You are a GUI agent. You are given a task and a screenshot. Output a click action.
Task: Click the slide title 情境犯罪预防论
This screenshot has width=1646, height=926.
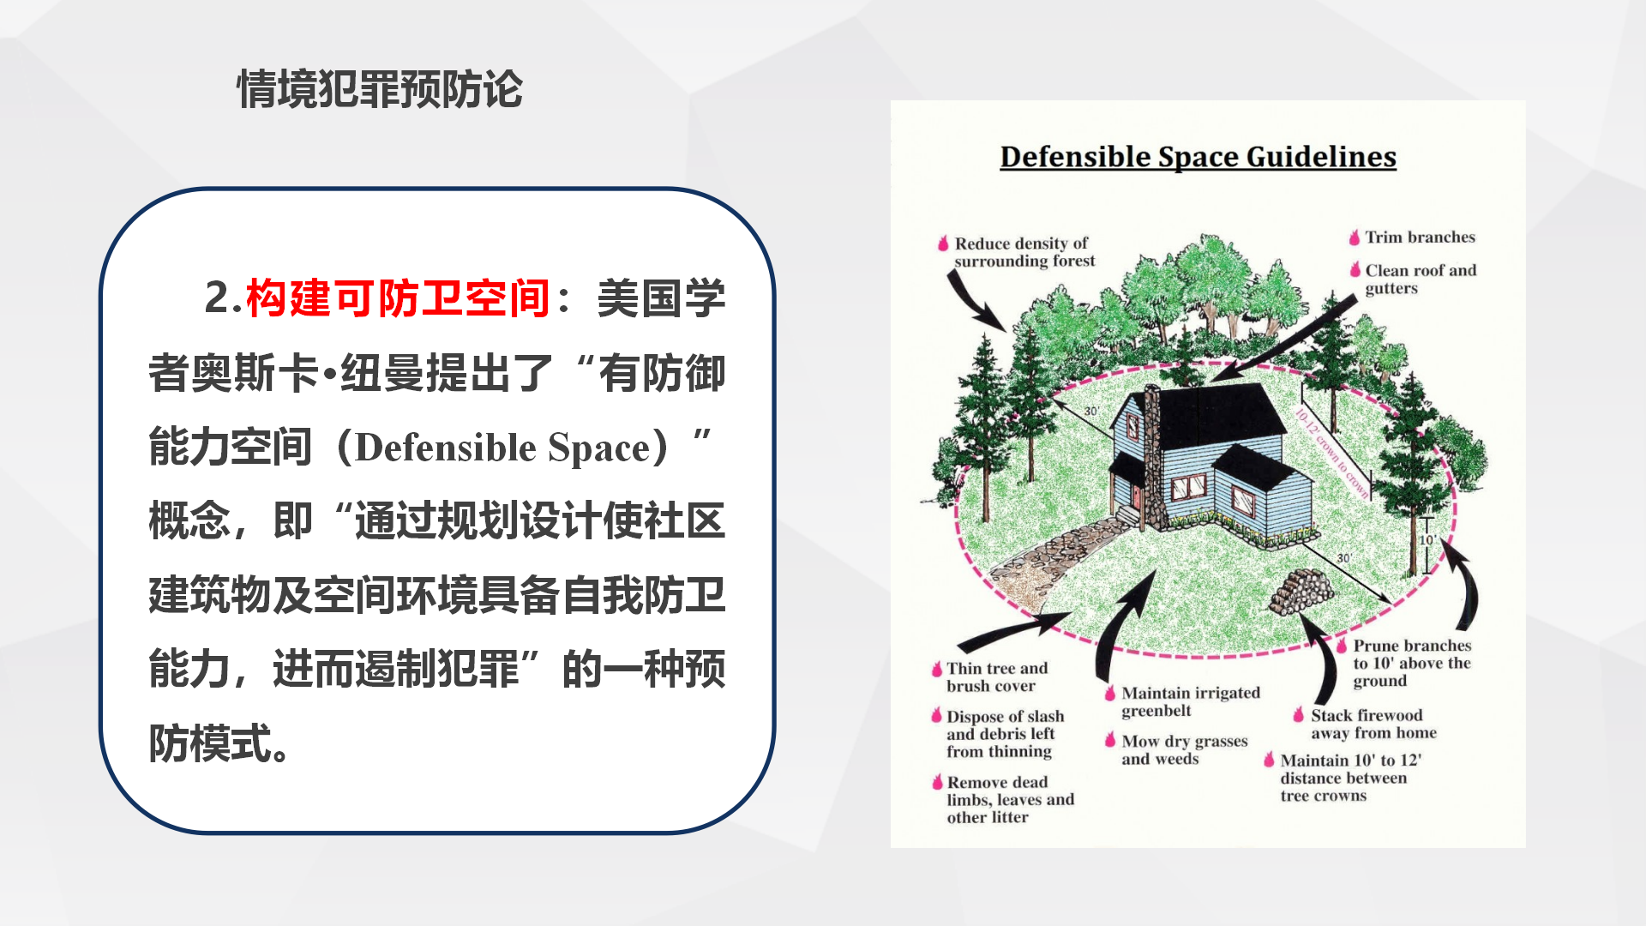(380, 90)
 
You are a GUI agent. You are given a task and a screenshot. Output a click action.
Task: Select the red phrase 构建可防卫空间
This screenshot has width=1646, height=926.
(398, 298)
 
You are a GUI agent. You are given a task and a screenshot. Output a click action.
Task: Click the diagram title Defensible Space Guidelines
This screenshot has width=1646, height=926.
(1198, 157)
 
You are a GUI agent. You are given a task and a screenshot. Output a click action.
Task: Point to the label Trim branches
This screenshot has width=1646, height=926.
(1420, 237)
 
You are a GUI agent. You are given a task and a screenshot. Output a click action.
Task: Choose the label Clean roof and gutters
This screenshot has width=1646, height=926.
(1421, 279)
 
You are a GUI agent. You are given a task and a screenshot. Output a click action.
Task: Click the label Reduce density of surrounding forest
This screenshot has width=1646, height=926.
(1024, 252)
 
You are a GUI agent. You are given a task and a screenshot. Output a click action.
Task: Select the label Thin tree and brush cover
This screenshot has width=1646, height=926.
(997, 676)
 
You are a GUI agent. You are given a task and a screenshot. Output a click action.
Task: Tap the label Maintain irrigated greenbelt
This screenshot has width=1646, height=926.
(1191, 701)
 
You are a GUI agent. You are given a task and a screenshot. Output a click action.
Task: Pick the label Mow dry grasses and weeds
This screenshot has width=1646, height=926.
(1185, 749)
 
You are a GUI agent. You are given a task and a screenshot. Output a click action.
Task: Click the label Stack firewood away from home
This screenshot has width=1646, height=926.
(1373, 724)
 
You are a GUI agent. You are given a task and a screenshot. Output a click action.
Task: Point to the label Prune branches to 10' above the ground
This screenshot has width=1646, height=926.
(1412, 663)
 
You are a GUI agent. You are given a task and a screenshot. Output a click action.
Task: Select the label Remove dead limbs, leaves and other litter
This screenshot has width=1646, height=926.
(1010, 799)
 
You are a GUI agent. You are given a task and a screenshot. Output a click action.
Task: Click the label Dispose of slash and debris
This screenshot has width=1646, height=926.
(1005, 733)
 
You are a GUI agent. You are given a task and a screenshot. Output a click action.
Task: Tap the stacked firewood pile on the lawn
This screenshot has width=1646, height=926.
(1302, 590)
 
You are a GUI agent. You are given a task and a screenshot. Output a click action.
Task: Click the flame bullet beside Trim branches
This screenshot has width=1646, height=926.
(1355, 238)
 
